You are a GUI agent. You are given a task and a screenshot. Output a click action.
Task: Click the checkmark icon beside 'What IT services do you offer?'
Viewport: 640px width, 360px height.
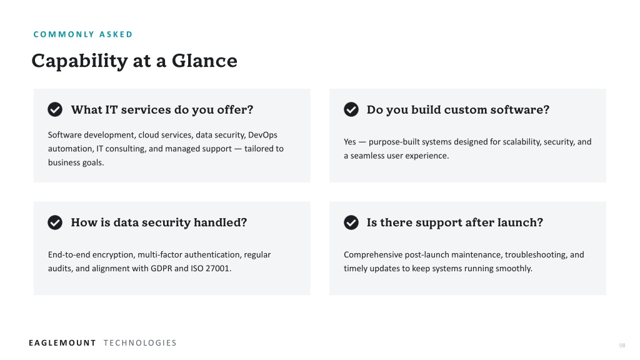click(x=55, y=109)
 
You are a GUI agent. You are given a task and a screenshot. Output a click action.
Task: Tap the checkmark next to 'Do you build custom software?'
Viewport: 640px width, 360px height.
click(x=351, y=109)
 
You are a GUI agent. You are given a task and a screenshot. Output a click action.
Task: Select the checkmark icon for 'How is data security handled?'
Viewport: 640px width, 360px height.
click(x=55, y=222)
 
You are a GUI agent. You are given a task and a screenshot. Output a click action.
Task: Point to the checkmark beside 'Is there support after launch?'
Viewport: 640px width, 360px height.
click(x=351, y=222)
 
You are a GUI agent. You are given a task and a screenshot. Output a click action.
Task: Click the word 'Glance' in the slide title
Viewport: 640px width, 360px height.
click(x=204, y=61)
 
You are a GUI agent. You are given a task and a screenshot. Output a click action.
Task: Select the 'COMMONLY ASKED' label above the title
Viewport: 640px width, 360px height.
click(x=83, y=34)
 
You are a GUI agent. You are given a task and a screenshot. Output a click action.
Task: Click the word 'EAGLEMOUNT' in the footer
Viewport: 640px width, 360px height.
click(x=62, y=343)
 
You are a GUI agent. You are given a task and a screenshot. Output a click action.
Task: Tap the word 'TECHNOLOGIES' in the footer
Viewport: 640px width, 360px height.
click(x=140, y=343)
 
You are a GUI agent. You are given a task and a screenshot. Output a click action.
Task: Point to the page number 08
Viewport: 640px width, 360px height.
click(x=622, y=345)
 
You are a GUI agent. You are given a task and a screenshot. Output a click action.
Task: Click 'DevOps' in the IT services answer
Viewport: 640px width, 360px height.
click(x=262, y=135)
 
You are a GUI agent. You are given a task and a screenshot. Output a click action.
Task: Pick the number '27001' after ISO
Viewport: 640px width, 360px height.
click(x=218, y=269)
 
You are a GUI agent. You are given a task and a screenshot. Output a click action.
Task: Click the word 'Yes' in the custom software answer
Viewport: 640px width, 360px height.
click(x=350, y=142)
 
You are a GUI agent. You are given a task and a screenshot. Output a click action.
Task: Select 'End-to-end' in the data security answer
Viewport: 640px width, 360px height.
click(x=69, y=255)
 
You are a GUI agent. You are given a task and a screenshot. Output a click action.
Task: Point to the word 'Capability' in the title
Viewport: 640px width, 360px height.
click(x=79, y=61)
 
